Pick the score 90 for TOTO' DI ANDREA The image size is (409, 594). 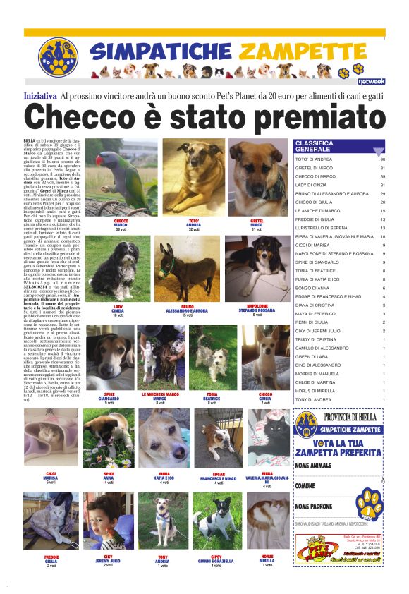(x=381, y=159)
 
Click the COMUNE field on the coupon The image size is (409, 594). (x=305, y=486)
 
